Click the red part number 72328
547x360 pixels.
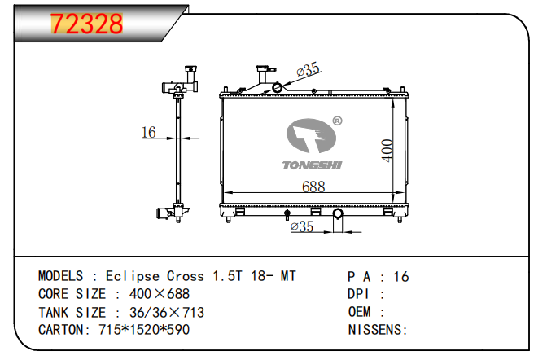coord(87,24)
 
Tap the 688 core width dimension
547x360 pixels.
coord(313,187)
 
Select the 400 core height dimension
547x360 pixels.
coord(387,150)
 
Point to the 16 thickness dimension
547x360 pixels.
coord(149,132)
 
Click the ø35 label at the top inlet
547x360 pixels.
coord(308,69)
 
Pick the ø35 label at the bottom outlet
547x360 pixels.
coord(302,226)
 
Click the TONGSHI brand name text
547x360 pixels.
coord(312,165)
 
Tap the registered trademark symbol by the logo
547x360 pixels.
coord(337,121)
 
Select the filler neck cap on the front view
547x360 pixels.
coord(266,68)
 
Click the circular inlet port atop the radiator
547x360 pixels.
coord(278,87)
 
